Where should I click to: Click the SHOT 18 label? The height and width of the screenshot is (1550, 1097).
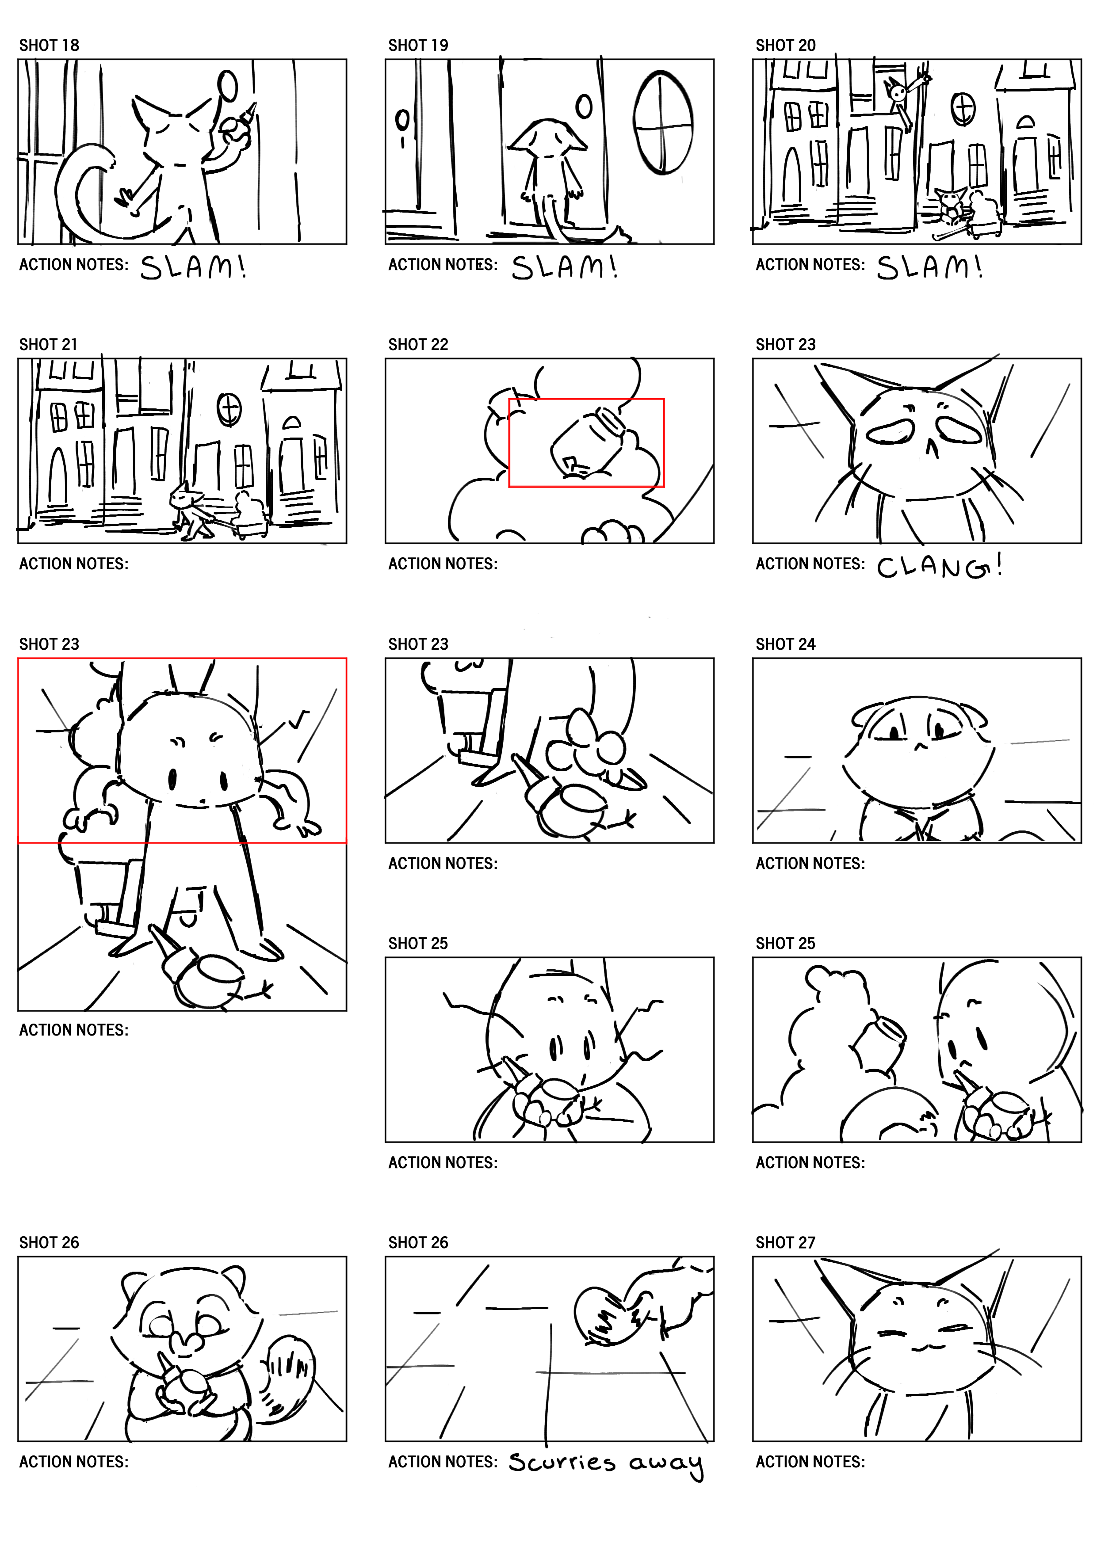[49, 45]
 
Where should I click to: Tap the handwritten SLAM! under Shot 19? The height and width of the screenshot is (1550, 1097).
[564, 267]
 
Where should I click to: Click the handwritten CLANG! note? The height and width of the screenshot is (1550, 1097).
[939, 567]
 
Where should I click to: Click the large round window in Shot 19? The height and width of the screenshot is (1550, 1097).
[663, 123]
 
